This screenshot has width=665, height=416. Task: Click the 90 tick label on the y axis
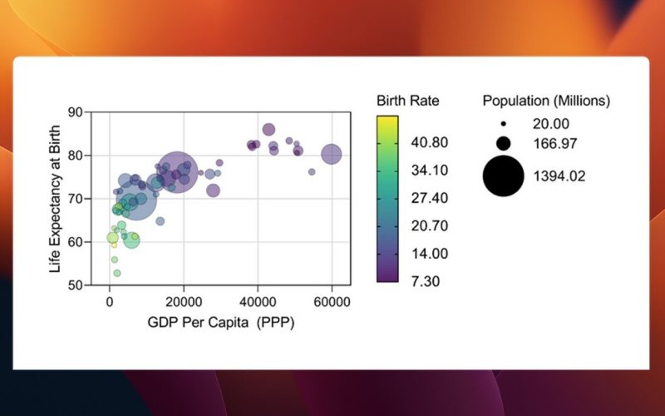(76, 112)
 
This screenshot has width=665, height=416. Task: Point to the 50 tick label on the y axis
(76, 285)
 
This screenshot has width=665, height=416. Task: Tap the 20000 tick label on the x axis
(184, 302)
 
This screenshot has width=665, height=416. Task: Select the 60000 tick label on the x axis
(332, 302)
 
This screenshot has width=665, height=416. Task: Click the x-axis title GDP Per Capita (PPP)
(221, 323)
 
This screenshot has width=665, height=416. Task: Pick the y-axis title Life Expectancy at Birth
(55, 199)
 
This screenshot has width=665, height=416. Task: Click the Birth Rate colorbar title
(408, 101)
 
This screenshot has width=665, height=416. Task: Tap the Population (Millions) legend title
(546, 101)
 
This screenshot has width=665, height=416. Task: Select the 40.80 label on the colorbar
(429, 142)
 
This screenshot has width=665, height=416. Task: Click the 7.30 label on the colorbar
(426, 281)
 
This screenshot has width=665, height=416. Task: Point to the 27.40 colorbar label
(429, 198)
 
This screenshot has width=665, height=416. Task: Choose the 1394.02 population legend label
(559, 176)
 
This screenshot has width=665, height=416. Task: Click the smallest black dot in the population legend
(504, 124)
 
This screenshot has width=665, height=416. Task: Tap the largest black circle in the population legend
(504, 176)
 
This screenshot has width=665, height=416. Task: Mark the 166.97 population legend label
(555, 143)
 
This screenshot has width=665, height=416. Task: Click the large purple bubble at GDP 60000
(331, 154)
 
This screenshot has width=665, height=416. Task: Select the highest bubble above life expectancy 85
(268, 130)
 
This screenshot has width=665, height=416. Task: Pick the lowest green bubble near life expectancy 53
(117, 273)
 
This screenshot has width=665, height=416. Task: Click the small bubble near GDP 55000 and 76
(312, 172)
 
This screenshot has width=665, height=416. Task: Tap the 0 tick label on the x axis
(110, 302)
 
